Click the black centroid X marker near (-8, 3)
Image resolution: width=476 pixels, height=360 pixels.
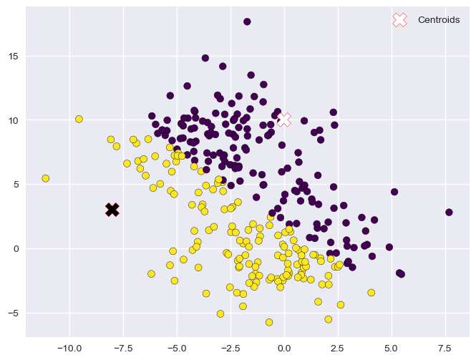click(x=112, y=209)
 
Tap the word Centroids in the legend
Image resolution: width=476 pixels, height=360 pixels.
click(x=439, y=20)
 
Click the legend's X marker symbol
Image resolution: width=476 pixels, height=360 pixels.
click(x=400, y=20)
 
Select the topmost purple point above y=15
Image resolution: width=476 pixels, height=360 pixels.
click(x=247, y=21)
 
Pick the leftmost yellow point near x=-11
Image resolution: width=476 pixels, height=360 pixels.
click(x=46, y=178)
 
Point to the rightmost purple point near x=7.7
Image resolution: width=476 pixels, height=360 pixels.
click(x=449, y=213)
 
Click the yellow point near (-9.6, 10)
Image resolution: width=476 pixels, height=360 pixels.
click(x=79, y=119)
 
